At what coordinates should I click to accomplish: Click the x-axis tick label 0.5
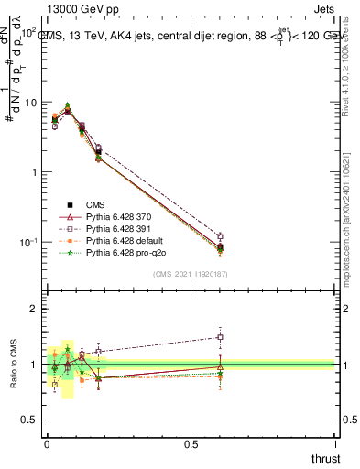pyautogui.click(x=191, y=444)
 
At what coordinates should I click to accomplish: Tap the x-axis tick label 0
pyautogui.click(x=47, y=444)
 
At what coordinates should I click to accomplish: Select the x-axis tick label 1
pyautogui.click(x=336, y=444)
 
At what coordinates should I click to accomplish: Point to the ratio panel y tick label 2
pyautogui.click(x=36, y=309)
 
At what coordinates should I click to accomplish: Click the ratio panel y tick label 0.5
pyautogui.click(x=30, y=420)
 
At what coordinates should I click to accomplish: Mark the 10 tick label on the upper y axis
pyautogui.click(x=30, y=103)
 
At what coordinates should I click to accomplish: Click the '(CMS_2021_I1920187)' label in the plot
pyautogui.click(x=191, y=273)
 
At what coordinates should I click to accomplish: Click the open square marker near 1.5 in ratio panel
pyautogui.click(x=220, y=337)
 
